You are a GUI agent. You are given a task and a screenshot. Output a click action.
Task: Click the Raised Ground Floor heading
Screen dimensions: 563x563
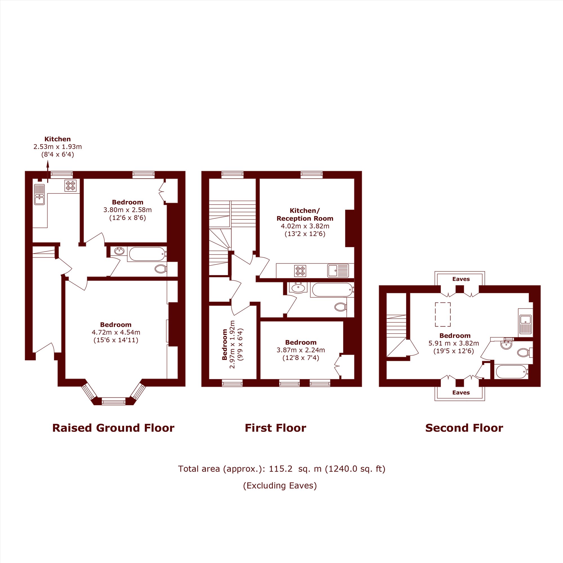[x=113, y=428]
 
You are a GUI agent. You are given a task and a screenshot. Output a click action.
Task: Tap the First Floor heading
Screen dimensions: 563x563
[x=275, y=428]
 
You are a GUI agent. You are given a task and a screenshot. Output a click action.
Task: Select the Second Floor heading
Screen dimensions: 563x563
[x=464, y=428]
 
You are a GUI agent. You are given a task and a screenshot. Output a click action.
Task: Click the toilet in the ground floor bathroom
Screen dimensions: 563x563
[x=161, y=269]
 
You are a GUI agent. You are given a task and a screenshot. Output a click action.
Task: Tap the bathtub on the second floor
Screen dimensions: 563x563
[x=512, y=372]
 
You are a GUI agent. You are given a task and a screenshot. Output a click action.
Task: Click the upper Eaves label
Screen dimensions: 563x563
[x=461, y=279]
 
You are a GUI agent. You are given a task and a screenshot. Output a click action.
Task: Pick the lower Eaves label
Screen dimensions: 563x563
[x=461, y=392]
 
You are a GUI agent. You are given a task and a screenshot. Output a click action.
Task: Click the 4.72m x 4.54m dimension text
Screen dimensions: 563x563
[x=116, y=332]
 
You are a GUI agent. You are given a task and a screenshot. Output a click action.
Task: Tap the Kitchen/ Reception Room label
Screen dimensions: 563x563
[x=305, y=215]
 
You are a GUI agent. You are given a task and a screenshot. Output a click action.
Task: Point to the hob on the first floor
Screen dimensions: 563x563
[x=300, y=271]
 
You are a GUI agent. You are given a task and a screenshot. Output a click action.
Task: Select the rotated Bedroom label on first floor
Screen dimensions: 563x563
[x=224, y=345]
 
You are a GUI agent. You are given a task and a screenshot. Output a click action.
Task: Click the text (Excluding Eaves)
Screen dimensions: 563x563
[x=280, y=486]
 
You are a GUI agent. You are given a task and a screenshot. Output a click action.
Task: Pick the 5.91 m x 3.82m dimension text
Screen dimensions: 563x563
[x=454, y=343]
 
